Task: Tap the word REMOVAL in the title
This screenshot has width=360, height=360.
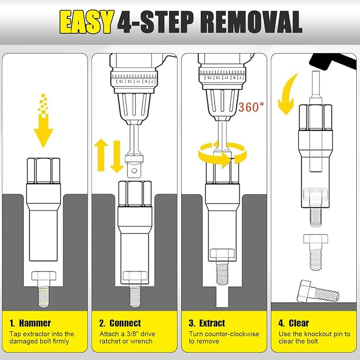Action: (252, 22)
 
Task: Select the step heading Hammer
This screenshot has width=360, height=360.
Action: (34, 323)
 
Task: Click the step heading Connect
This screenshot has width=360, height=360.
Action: (125, 323)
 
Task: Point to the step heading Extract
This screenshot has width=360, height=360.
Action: (212, 323)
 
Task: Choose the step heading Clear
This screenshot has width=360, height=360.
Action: (298, 323)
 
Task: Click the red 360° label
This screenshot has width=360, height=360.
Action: (251, 107)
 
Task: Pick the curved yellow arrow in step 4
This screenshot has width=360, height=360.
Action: (287, 94)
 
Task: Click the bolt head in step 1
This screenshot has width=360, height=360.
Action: (43, 276)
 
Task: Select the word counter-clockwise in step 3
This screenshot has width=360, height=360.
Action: (232, 334)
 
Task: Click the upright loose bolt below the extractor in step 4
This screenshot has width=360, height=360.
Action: (315, 252)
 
